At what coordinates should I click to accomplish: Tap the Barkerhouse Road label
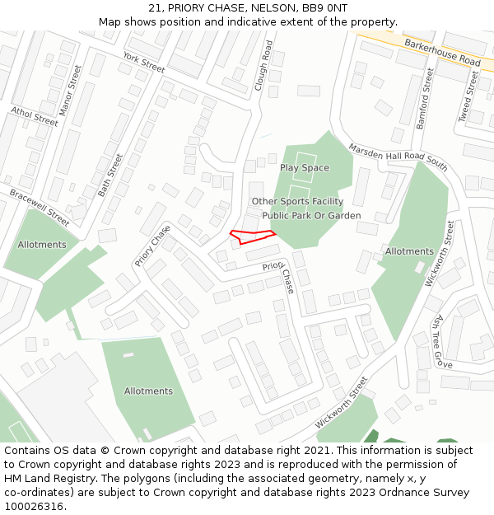tap(442, 50)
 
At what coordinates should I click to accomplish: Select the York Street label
tap(143, 60)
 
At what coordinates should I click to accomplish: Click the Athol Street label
tap(35, 116)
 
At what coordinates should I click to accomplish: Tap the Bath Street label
tap(110, 175)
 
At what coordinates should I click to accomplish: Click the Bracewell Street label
tap(39, 207)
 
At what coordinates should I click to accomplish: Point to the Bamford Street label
tap(424, 98)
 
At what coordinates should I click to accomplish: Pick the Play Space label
tap(304, 168)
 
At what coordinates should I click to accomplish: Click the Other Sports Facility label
tap(297, 201)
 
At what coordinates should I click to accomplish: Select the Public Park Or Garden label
tap(311, 216)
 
